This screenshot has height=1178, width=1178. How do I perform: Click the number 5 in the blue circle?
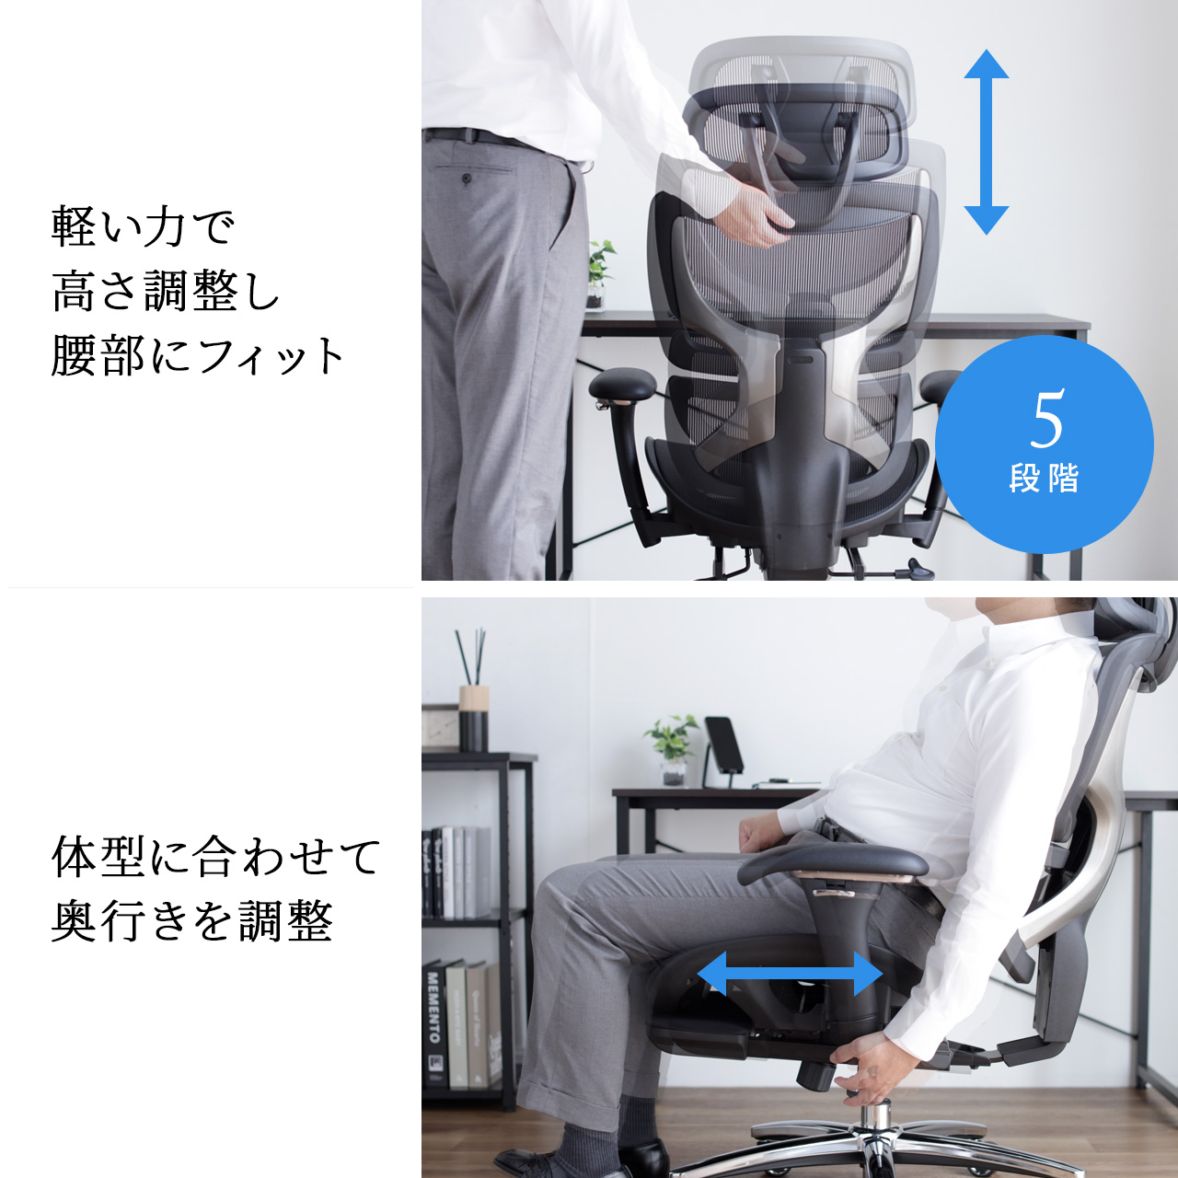click(x=1047, y=419)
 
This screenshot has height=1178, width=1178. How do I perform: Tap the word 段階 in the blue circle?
click(x=1044, y=479)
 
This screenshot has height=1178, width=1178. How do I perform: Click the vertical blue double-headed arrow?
click(x=986, y=143)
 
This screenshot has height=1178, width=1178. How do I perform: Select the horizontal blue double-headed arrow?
click(x=790, y=974)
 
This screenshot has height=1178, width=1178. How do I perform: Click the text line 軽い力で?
click(x=143, y=226)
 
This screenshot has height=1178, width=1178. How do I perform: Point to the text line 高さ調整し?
click(x=166, y=292)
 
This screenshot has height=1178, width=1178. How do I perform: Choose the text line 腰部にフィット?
click(x=198, y=356)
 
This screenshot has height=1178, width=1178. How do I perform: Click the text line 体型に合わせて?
click(x=216, y=857)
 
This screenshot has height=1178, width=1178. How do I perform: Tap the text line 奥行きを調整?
click(x=191, y=921)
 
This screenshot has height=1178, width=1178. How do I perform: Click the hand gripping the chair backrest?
click(x=755, y=216)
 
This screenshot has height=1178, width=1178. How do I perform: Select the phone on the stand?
click(x=725, y=745)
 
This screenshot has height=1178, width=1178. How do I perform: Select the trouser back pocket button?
click(x=467, y=179)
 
